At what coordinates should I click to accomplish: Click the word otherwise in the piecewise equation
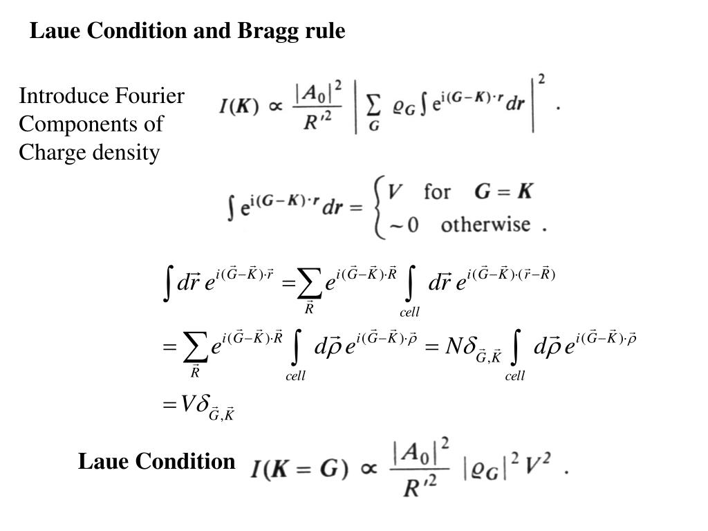pyautogui.click(x=485, y=225)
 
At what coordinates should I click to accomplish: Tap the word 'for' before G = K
pyautogui.click(x=437, y=191)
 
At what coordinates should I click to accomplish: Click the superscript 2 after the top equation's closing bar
pyautogui.click(x=541, y=80)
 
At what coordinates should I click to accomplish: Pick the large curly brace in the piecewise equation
pyautogui.click(x=379, y=207)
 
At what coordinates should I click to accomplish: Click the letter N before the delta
pyautogui.click(x=454, y=345)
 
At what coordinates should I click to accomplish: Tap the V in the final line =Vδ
pyautogui.click(x=187, y=404)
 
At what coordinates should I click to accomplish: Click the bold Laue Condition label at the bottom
pyautogui.click(x=156, y=461)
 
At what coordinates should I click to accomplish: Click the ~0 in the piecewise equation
pyautogui.click(x=404, y=226)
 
